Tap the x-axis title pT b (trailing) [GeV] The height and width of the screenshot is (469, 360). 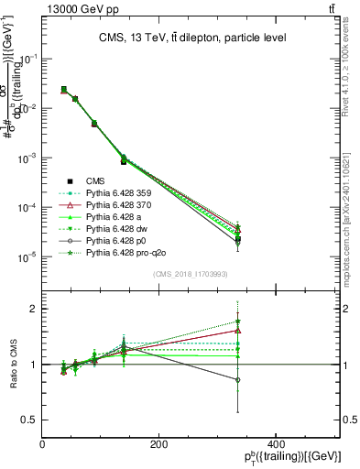tap(293, 457)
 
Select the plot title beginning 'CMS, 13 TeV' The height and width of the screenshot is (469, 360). tap(191, 38)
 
